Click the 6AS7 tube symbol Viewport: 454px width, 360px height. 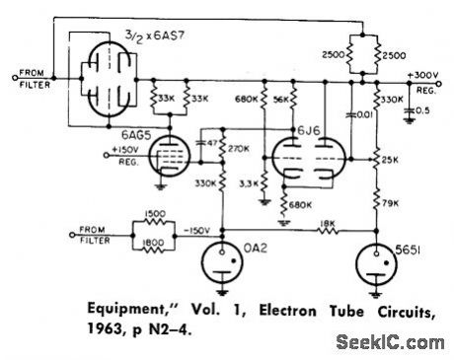[x=106, y=73]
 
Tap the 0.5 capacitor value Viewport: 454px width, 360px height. [x=424, y=109]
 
